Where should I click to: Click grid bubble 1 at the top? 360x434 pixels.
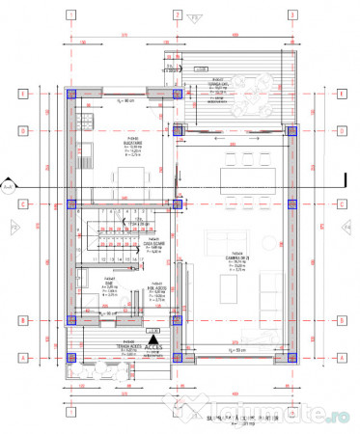pyautogui.click(x=70, y=15)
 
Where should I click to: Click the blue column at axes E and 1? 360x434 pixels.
pyautogui.click(x=70, y=94)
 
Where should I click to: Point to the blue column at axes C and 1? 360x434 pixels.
pyautogui.click(x=70, y=203)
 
